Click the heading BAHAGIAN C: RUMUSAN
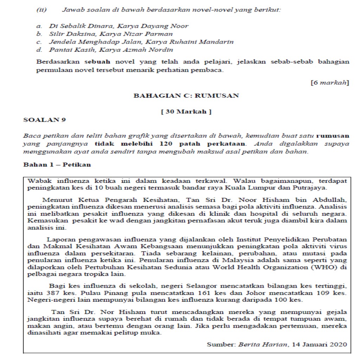[x=186, y=95]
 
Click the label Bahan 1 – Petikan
[x=57, y=165]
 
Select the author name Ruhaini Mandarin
[x=209, y=42]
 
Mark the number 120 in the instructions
[x=167, y=144]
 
